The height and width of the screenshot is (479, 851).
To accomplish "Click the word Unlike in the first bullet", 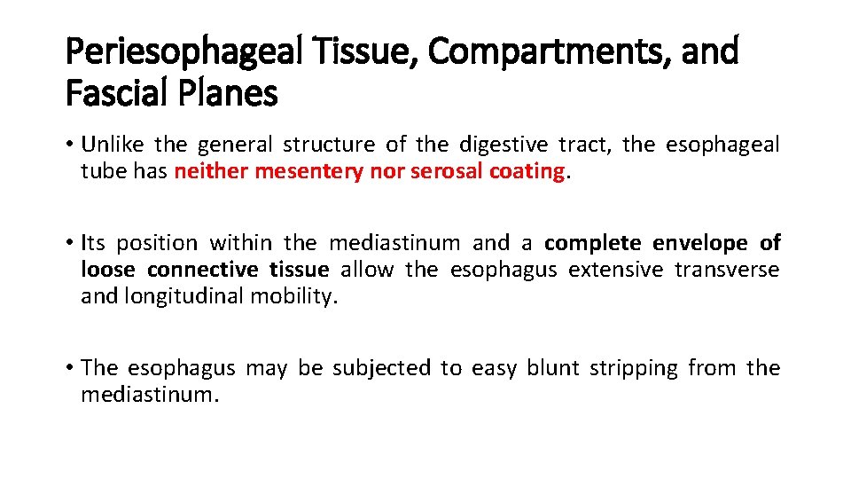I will click(x=113, y=145).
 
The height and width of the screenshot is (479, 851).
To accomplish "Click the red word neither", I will click(x=211, y=171).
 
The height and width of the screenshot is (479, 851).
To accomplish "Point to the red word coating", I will click(x=527, y=171).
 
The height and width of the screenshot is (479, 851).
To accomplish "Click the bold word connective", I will click(x=203, y=269).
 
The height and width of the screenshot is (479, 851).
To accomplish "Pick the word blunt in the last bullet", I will click(x=552, y=367).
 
